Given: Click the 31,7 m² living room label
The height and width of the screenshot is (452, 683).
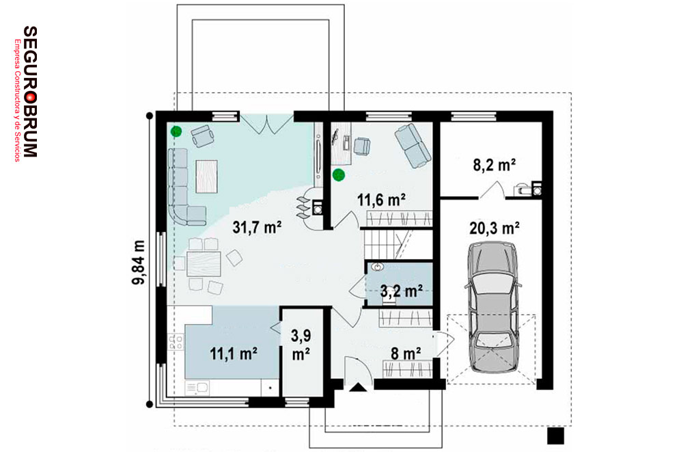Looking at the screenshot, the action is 257,227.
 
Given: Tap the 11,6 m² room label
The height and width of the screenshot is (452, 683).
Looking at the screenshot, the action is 382,200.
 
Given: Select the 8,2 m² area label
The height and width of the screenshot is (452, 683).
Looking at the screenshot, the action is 494,165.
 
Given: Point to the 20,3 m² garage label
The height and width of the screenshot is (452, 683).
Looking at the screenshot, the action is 494,228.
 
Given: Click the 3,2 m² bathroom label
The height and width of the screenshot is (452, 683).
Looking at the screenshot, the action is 401,291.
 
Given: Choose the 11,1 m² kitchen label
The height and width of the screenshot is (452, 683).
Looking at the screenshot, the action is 234,354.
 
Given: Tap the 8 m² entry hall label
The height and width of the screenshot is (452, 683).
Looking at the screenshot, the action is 406,354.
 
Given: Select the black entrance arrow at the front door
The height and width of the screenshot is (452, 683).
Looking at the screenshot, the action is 359,388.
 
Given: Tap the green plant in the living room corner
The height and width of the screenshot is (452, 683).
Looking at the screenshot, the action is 176,131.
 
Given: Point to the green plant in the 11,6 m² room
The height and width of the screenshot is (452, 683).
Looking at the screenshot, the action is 339,175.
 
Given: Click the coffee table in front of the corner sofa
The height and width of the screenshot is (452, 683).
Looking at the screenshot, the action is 206,176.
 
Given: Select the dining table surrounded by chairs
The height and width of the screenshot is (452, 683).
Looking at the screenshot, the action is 204,263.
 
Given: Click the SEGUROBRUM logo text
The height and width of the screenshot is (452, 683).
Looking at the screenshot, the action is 30,91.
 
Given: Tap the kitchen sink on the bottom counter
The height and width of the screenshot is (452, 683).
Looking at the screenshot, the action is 197,388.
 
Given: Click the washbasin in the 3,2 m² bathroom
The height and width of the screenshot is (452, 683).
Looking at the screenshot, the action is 378,267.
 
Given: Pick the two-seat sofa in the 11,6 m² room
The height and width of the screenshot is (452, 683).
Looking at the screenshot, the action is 413,146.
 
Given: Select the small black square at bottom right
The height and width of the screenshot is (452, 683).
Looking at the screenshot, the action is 555,436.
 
